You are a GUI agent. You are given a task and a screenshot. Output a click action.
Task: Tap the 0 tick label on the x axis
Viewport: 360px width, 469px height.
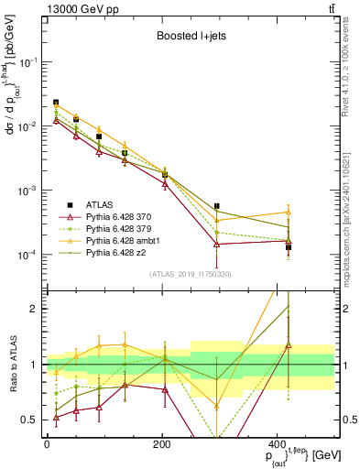[x=46, y=444]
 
